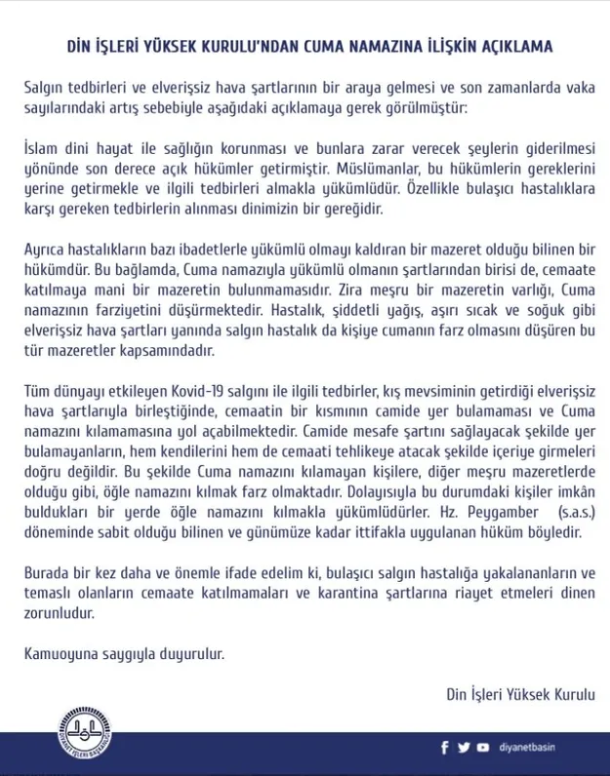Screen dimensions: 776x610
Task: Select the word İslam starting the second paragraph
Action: [x=39, y=148]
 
